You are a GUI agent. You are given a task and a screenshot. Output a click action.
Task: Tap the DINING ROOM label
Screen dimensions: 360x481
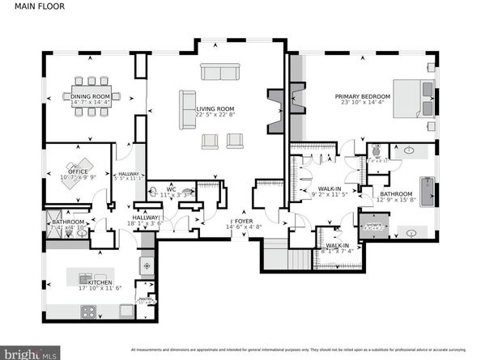tap(90, 96)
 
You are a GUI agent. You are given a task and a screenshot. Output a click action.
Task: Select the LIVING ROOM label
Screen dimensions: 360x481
tap(215, 108)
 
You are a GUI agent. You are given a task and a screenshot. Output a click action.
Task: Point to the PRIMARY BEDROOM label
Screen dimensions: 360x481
tap(363, 96)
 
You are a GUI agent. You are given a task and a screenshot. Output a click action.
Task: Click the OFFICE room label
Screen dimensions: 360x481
tap(78, 172)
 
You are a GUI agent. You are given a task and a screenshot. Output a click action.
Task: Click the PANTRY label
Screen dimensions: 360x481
tap(146, 300)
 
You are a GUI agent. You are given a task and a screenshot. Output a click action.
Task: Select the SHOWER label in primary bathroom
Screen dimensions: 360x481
tap(374, 225)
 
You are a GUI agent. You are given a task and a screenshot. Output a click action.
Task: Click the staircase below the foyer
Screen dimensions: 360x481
tap(284, 258)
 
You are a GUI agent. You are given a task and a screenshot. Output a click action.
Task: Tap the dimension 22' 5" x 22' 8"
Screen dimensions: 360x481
tap(215, 115)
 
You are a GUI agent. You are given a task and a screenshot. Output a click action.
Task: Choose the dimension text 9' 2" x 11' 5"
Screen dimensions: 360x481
tap(329, 194)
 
